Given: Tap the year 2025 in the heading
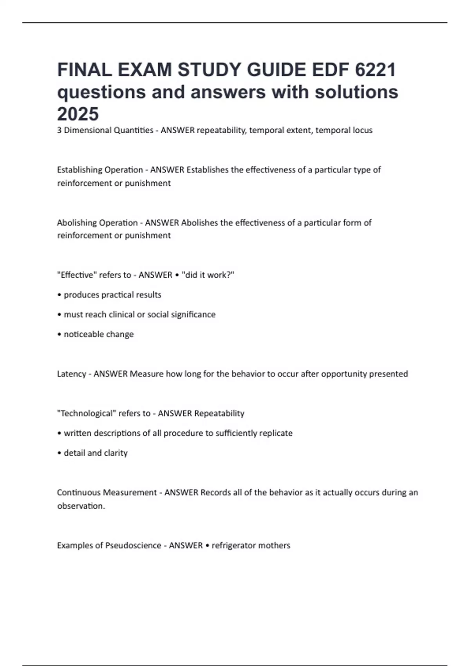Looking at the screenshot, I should pyautogui.click(x=78, y=114).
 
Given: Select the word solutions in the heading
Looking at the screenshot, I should pyautogui.click(x=356, y=92).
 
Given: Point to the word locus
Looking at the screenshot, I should pyautogui.click(x=362, y=130).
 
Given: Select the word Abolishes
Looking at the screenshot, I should pyautogui.click(x=199, y=223).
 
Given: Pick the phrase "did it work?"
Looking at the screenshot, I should pyautogui.click(x=208, y=275).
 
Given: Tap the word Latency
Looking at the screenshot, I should pyautogui.click(x=71, y=374).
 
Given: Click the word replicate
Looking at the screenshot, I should pyautogui.click(x=276, y=433).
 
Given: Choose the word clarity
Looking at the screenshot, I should pyautogui.click(x=116, y=453).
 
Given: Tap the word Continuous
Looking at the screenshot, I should pyautogui.click(x=77, y=492).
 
